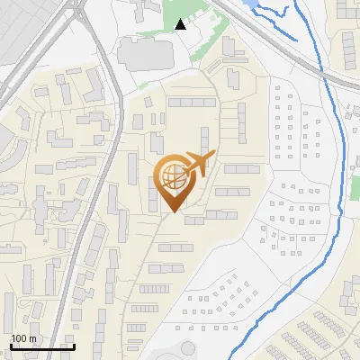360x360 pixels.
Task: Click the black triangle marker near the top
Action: (x=180, y=24)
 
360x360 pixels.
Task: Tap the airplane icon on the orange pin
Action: (x=197, y=165)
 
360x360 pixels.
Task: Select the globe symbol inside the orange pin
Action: (x=172, y=175)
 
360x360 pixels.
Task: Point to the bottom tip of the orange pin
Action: (x=173, y=213)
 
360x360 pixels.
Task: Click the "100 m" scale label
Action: (x=23, y=338)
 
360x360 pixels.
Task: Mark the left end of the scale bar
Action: (x=11, y=346)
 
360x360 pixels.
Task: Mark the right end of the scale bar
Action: (x=75, y=346)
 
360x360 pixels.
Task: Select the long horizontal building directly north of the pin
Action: (x=192, y=103)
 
